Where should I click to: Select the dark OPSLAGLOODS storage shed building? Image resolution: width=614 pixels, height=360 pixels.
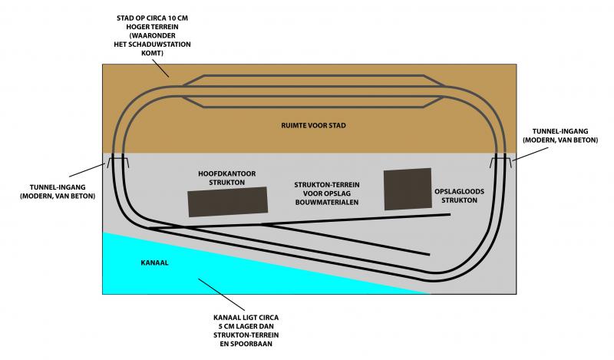(406, 189)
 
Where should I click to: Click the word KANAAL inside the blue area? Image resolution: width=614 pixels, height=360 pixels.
(155, 263)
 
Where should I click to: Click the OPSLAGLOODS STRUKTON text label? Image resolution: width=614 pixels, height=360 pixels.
(456, 195)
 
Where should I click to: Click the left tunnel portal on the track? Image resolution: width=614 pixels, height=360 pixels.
(118, 163)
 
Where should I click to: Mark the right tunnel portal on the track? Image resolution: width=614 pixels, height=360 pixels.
(502, 162)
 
